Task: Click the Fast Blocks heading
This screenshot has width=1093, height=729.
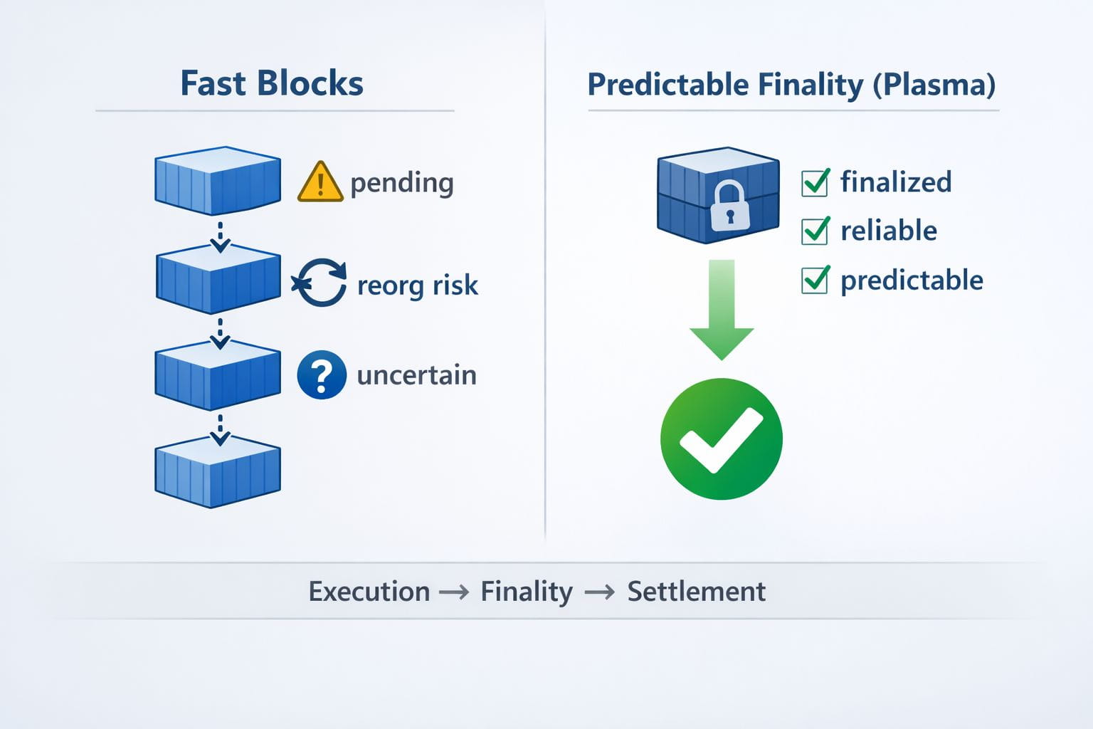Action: click(x=272, y=83)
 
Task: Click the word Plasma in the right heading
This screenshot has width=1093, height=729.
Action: click(x=934, y=85)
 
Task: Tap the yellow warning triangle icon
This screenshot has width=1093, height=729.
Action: click(x=320, y=181)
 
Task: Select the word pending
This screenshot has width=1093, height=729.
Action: click(x=402, y=184)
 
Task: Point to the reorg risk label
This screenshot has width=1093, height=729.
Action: click(x=418, y=285)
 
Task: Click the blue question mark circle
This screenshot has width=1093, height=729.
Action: click(x=322, y=375)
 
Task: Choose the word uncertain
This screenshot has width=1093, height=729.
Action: click(x=417, y=375)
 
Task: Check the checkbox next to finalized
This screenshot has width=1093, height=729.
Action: click(x=815, y=183)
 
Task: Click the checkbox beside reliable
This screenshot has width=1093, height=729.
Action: click(x=815, y=231)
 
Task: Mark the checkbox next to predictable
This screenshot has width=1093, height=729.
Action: click(x=815, y=280)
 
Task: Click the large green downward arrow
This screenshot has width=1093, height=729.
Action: click(x=722, y=310)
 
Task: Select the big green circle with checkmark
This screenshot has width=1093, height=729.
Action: click(x=722, y=439)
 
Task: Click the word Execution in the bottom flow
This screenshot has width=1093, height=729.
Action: click(x=369, y=592)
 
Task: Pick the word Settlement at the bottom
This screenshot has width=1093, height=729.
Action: click(x=697, y=592)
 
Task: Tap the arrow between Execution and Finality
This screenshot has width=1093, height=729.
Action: click(x=454, y=593)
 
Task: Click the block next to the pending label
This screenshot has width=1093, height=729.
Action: click(x=218, y=181)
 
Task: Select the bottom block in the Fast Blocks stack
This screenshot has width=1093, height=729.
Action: click(x=218, y=472)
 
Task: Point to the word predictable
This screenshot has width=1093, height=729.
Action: click(x=912, y=280)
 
